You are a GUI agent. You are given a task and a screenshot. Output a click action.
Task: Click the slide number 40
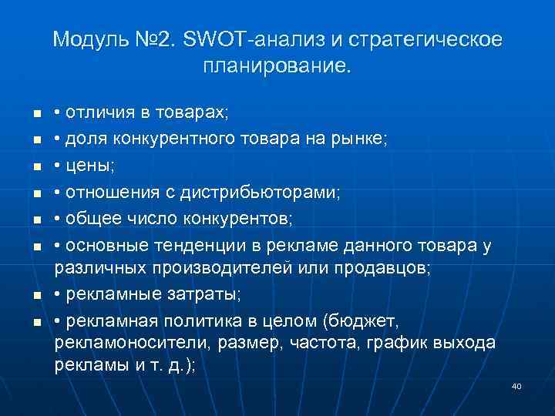516,386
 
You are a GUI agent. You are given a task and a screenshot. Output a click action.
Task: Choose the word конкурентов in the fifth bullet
243,219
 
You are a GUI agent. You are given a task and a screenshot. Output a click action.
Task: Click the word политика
197,320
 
